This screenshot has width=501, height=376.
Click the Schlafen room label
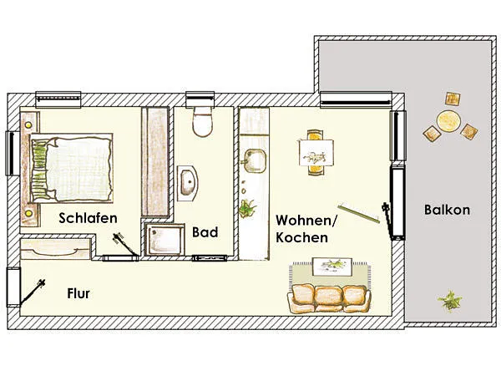coord(89,218)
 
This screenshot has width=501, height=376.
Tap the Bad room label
coord(205,232)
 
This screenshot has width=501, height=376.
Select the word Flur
coord(78,293)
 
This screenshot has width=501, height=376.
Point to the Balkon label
coord(447,210)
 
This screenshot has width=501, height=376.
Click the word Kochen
coord(302,237)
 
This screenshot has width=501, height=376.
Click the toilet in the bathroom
coord(203,122)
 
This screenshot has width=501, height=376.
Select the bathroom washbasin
coord(188,183)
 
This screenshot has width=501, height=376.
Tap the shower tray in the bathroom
coord(164,240)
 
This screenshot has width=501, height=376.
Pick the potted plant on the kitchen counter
coord(247,208)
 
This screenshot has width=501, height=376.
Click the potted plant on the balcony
coord(450,301)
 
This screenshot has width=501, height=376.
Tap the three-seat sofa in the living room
coord(329,298)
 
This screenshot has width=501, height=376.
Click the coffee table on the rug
coord(332,267)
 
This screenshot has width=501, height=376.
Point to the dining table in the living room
coord(316,153)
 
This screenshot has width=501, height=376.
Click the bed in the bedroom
coord(71,168)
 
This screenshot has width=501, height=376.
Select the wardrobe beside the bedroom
coord(155,162)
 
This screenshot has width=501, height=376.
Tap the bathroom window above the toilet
coord(200,99)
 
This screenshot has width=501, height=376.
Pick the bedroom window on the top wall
coord(58,99)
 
